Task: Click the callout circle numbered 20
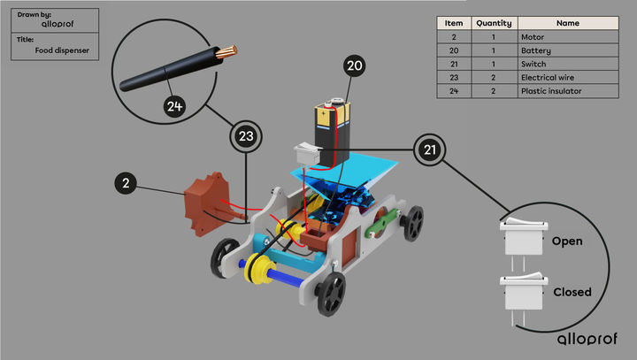(354, 67)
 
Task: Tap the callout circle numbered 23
(247, 136)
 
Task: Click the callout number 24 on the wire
(175, 106)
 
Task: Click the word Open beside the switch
(566, 241)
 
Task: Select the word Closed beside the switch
(572, 292)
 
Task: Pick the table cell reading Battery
(537, 50)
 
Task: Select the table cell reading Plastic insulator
(553, 90)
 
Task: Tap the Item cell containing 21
(453, 64)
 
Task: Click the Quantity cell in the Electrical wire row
(494, 77)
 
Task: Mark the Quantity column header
(494, 24)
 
